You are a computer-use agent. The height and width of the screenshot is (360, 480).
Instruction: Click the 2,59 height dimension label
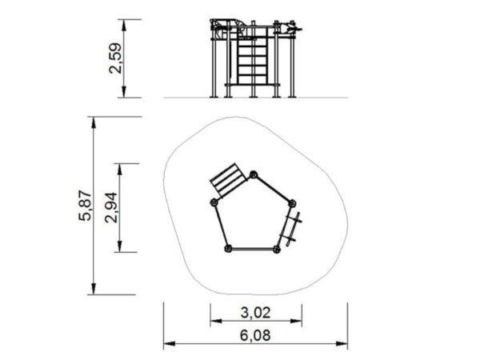(x=115, y=58)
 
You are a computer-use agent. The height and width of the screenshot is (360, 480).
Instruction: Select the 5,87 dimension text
(x=85, y=206)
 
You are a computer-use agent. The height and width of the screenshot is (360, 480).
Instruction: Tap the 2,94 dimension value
(x=111, y=207)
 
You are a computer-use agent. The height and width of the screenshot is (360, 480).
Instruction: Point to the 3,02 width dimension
(x=256, y=313)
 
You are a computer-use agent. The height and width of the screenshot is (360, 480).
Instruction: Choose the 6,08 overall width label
(x=255, y=335)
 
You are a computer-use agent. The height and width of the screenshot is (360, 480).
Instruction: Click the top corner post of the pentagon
(x=254, y=174)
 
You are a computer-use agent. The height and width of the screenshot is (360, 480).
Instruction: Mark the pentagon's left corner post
(x=214, y=202)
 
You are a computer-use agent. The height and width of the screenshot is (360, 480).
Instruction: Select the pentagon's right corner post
(x=292, y=203)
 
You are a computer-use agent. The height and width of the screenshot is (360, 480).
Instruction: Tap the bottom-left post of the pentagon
(x=228, y=249)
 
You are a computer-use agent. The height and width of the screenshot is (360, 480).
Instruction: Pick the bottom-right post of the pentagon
(x=277, y=250)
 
